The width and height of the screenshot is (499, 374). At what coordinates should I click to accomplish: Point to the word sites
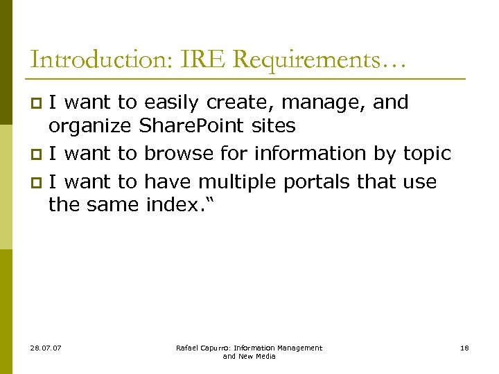coord(273,127)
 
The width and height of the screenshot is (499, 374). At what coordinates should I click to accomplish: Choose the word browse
coord(179,153)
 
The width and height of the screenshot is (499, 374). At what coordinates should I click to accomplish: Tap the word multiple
coord(240,182)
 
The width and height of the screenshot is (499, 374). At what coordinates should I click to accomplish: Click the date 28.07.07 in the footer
coord(46,348)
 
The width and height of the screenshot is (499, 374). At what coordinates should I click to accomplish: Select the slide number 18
coord(464,348)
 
